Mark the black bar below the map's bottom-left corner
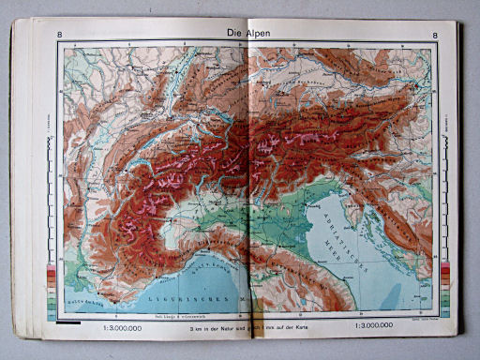click(68, 322)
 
